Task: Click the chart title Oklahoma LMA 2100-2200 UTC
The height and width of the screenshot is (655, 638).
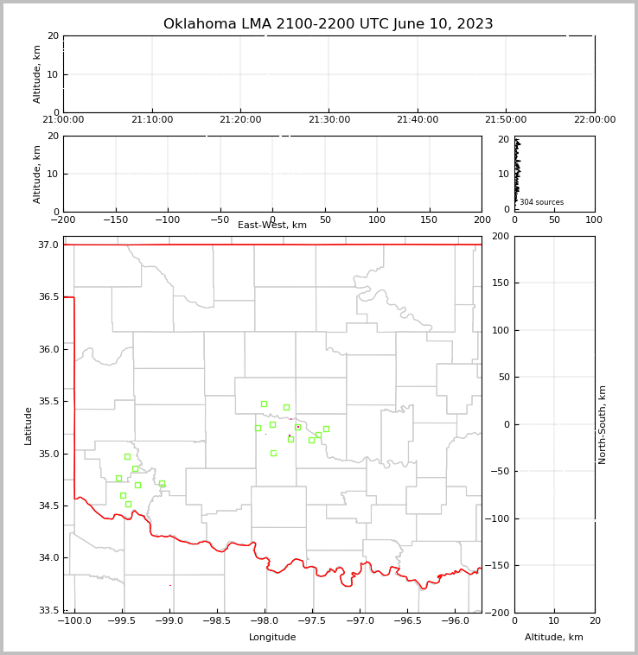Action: click(328, 24)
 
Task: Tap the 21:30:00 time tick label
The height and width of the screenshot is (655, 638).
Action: click(329, 120)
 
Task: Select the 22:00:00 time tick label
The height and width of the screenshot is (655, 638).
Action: click(594, 120)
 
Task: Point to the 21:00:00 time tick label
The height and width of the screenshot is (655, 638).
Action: click(63, 120)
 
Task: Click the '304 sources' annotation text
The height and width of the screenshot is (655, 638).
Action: click(541, 202)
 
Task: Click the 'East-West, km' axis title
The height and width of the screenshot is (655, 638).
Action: click(272, 226)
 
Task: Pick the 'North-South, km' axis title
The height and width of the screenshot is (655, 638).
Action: click(603, 424)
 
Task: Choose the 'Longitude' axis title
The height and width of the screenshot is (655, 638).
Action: click(272, 638)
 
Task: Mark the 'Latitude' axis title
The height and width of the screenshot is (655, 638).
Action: click(29, 425)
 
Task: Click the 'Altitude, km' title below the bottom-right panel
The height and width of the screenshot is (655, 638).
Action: click(554, 638)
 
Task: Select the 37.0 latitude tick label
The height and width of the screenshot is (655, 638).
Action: click(49, 245)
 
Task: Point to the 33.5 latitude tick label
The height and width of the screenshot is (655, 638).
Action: click(49, 611)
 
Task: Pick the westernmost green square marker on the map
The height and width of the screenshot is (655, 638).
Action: click(118, 478)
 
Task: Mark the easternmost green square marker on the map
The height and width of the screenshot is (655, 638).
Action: click(326, 429)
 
